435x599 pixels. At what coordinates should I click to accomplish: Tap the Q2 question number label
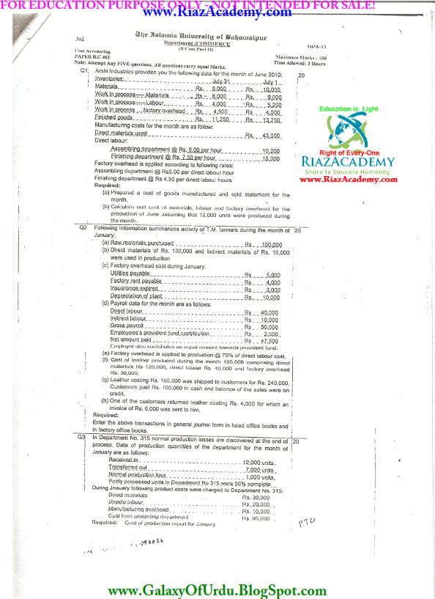click(83, 229)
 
